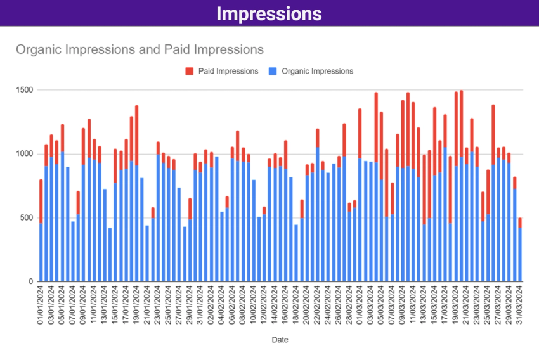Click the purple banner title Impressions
click(x=269, y=13)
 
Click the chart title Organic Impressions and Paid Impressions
click(x=139, y=49)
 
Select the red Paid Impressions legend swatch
click(x=189, y=71)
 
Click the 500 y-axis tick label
click(x=27, y=218)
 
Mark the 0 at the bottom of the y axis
click(x=31, y=281)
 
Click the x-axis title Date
click(x=280, y=340)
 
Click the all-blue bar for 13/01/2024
click(x=105, y=235)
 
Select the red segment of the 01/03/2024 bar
click(x=360, y=133)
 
